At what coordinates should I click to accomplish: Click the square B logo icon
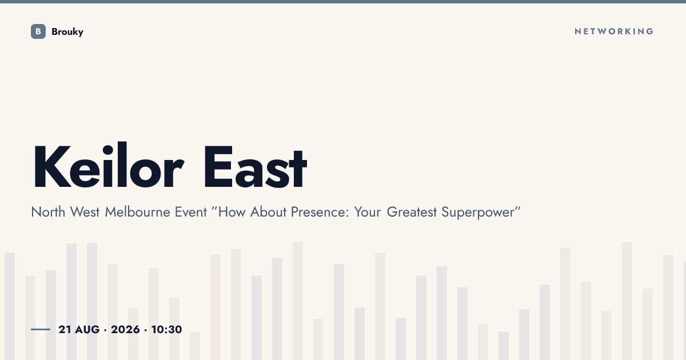coord(38,31)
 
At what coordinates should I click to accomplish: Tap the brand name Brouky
coord(67,32)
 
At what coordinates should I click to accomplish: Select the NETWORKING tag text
coord(614,31)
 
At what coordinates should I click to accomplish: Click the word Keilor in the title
coord(109,165)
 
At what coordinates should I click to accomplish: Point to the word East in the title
coord(255,166)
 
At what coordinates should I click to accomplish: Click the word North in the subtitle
coord(48,212)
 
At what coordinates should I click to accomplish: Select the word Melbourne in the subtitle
coord(137,212)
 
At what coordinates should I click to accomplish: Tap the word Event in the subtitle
coord(191,212)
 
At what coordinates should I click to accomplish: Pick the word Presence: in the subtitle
coord(320,212)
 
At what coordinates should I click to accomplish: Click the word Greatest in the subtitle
coord(412,212)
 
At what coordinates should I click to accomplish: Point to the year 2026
coord(125,329)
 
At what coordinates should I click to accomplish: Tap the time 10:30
coord(166,329)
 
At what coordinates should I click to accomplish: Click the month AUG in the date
coord(87,329)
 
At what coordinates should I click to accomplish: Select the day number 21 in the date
coord(65,329)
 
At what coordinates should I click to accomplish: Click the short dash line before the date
coord(41,329)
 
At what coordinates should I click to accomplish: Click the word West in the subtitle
coord(85,212)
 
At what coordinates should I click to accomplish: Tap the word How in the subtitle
coord(232,212)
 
